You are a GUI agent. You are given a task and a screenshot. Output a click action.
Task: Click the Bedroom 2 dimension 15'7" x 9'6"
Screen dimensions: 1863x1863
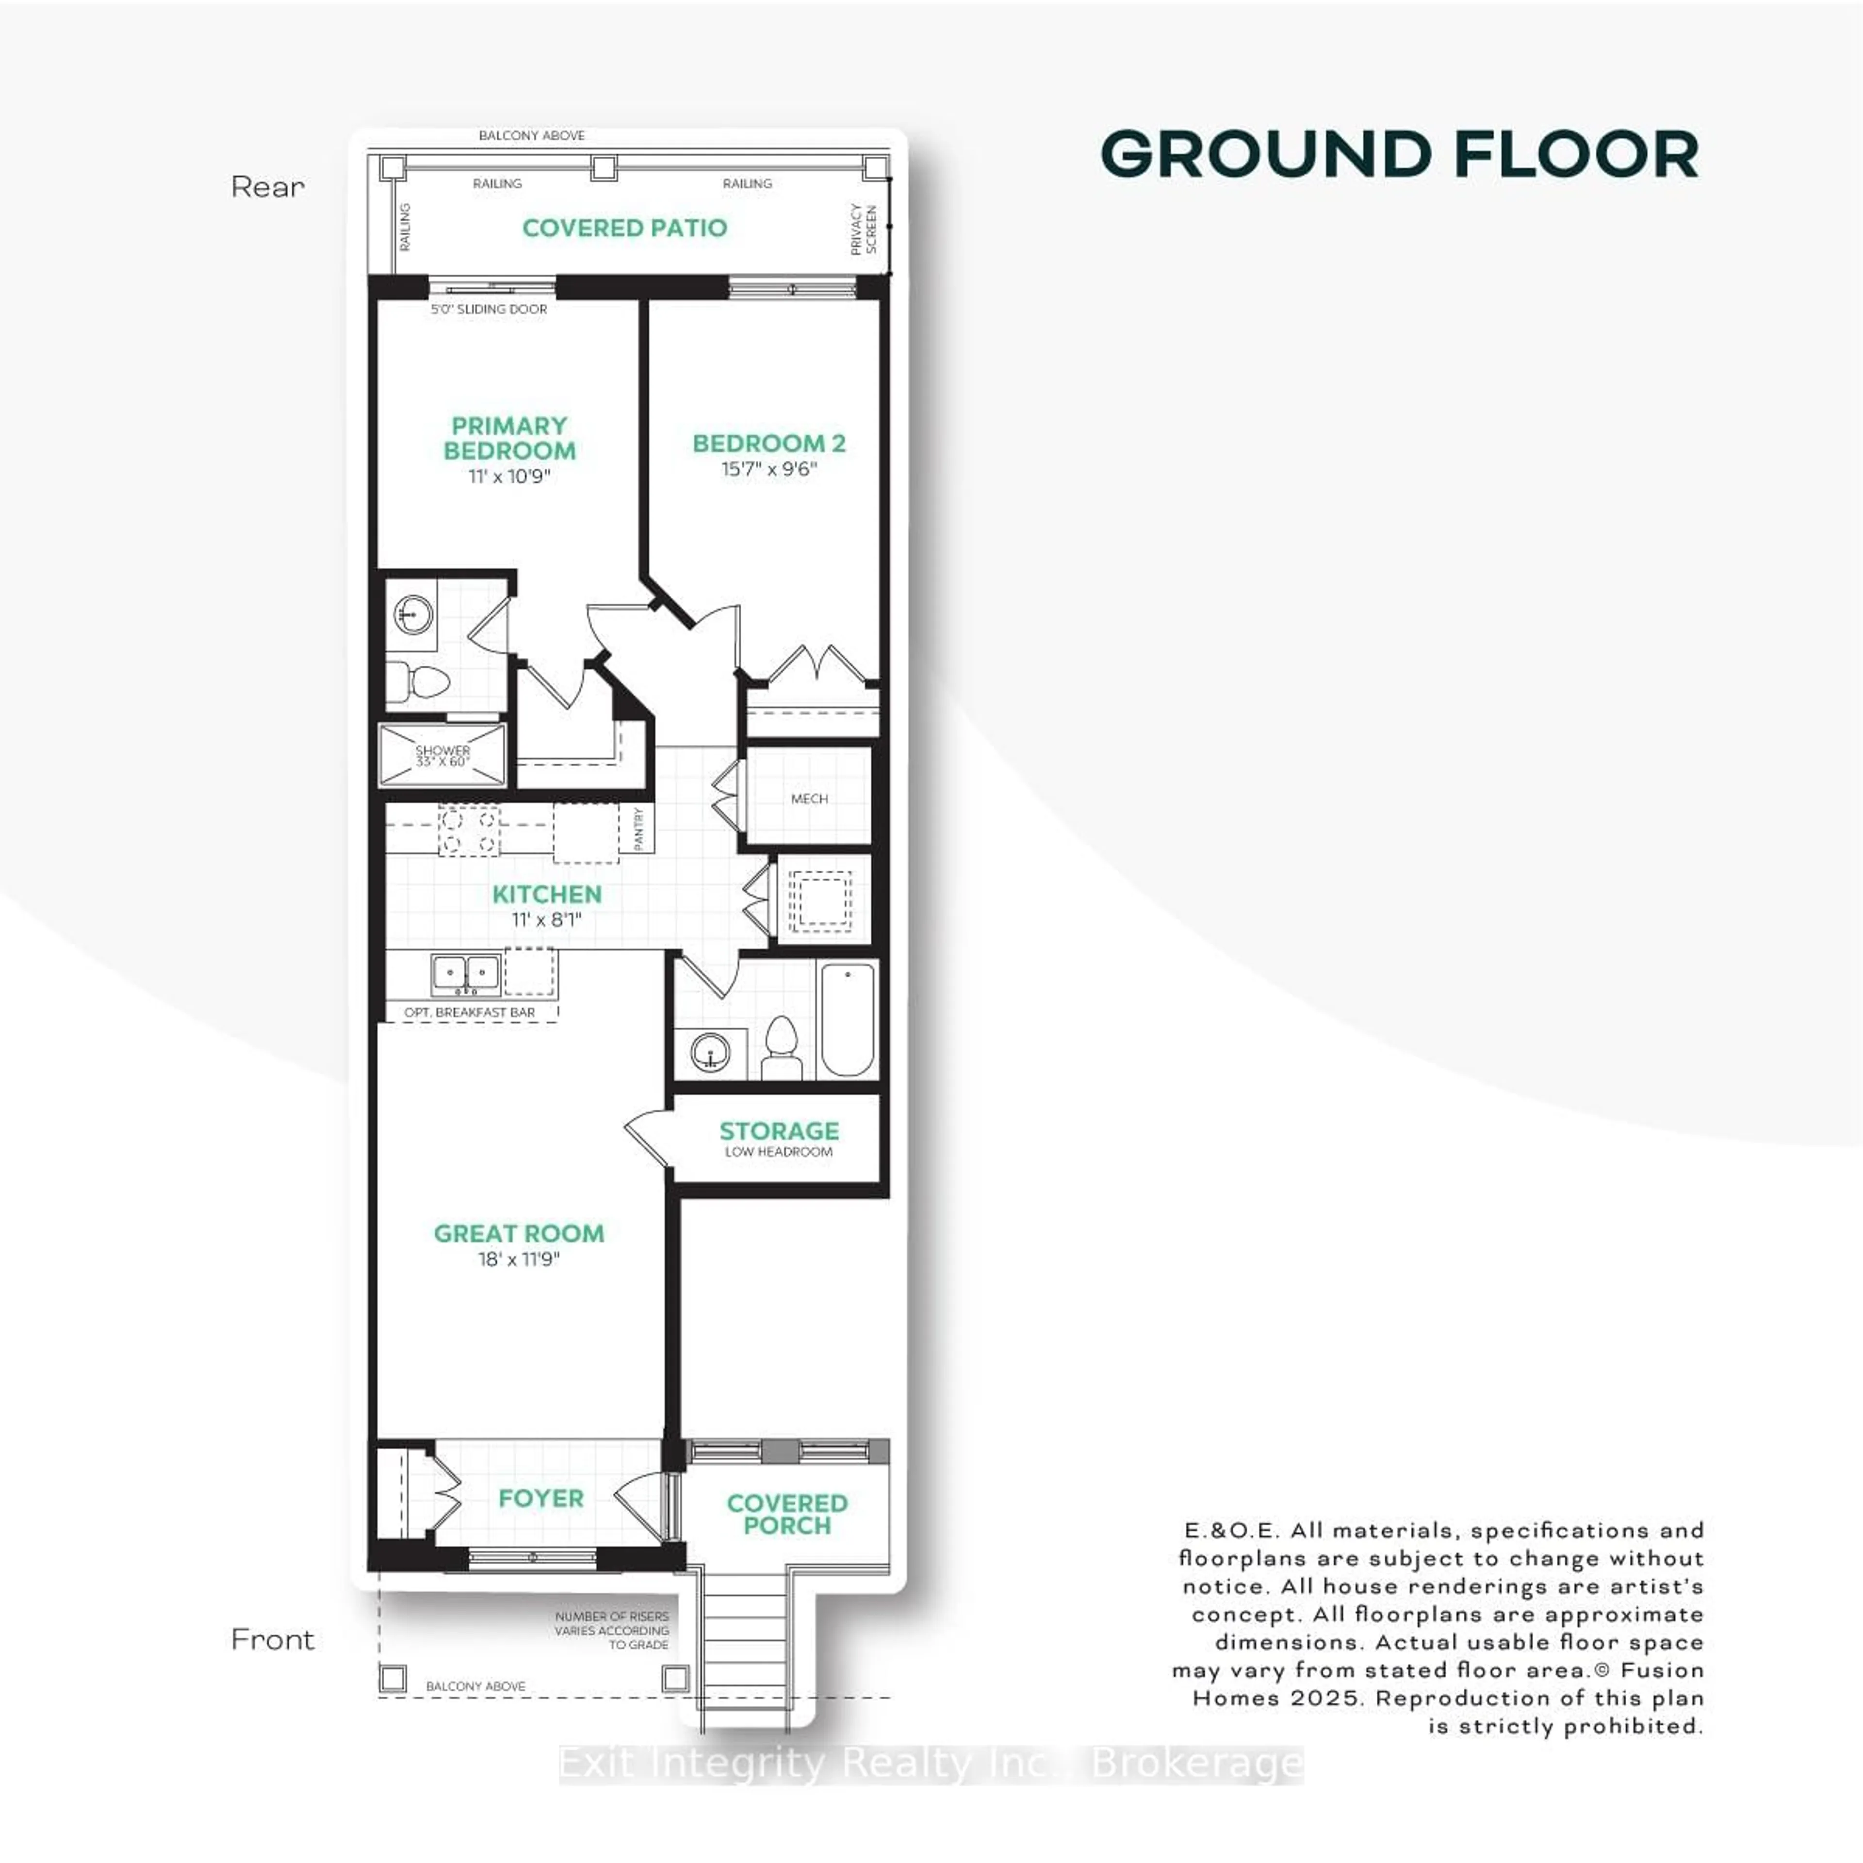click(x=768, y=470)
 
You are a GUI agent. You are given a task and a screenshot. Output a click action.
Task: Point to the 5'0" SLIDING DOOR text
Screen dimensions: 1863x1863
click(x=489, y=310)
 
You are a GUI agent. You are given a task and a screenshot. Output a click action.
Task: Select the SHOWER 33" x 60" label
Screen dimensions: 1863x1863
click(x=442, y=756)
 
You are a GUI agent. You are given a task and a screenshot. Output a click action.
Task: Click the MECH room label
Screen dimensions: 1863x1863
click(x=809, y=799)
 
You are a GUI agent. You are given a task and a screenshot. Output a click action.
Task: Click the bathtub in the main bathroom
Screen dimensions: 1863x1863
click(x=848, y=1018)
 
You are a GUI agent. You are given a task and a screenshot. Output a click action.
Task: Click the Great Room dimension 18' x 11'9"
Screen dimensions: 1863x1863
click(x=519, y=1259)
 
